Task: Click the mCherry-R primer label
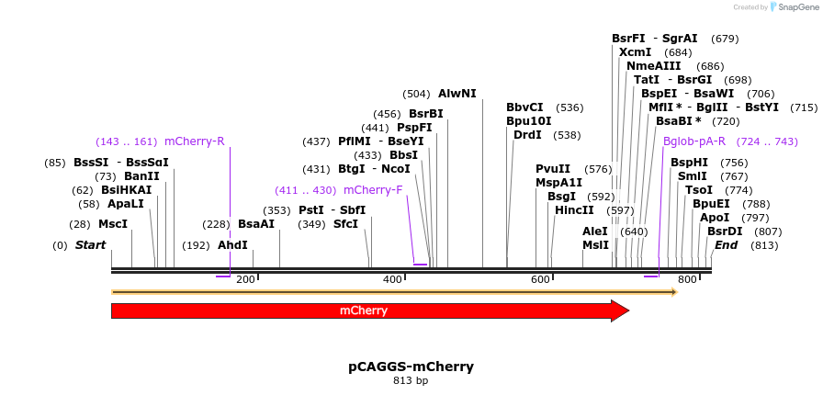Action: tap(195, 141)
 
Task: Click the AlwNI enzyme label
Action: tap(457, 94)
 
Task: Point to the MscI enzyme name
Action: tap(113, 224)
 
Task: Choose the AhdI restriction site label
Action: tap(232, 245)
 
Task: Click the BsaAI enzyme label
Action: tap(256, 224)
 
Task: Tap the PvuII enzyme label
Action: tap(553, 169)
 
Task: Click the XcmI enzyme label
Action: tap(636, 52)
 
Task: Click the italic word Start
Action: tap(90, 245)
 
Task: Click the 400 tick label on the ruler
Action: tap(392, 279)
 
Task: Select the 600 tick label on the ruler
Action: tap(540, 279)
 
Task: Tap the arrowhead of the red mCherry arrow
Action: tap(619, 310)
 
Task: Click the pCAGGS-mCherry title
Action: tap(411, 367)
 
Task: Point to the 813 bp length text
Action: tap(411, 380)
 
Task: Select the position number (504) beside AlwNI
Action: tap(416, 94)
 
